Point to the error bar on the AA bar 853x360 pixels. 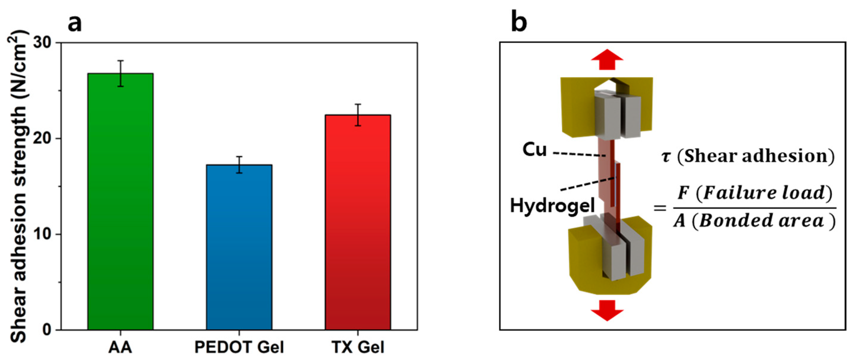(121, 73)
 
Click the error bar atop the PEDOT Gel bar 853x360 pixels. (239, 165)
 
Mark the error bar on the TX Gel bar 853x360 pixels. (358, 115)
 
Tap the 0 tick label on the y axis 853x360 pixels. (47, 330)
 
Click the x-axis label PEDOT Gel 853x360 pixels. (239, 348)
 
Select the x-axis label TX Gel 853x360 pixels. (358, 348)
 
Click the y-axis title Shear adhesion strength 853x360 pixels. (18, 185)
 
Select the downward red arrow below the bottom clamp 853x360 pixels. (607, 310)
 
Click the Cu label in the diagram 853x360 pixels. (534, 150)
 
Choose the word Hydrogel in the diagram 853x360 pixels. (552, 206)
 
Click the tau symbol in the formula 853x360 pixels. (666, 157)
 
